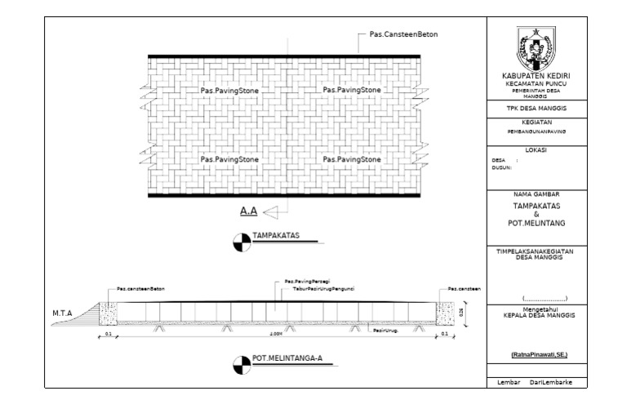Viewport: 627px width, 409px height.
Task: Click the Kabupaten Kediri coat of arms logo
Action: (x=535, y=49)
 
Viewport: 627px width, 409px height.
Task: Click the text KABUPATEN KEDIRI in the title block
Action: (x=535, y=77)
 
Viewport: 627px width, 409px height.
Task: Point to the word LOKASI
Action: (x=535, y=149)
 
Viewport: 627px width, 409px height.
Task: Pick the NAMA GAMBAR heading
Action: (x=535, y=195)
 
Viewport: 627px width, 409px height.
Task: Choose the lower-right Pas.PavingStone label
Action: (x=352, y=159)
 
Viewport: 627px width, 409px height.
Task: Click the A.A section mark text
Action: (x=248, y=211)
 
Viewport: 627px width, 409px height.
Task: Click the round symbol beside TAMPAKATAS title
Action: (x=241, y=240)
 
